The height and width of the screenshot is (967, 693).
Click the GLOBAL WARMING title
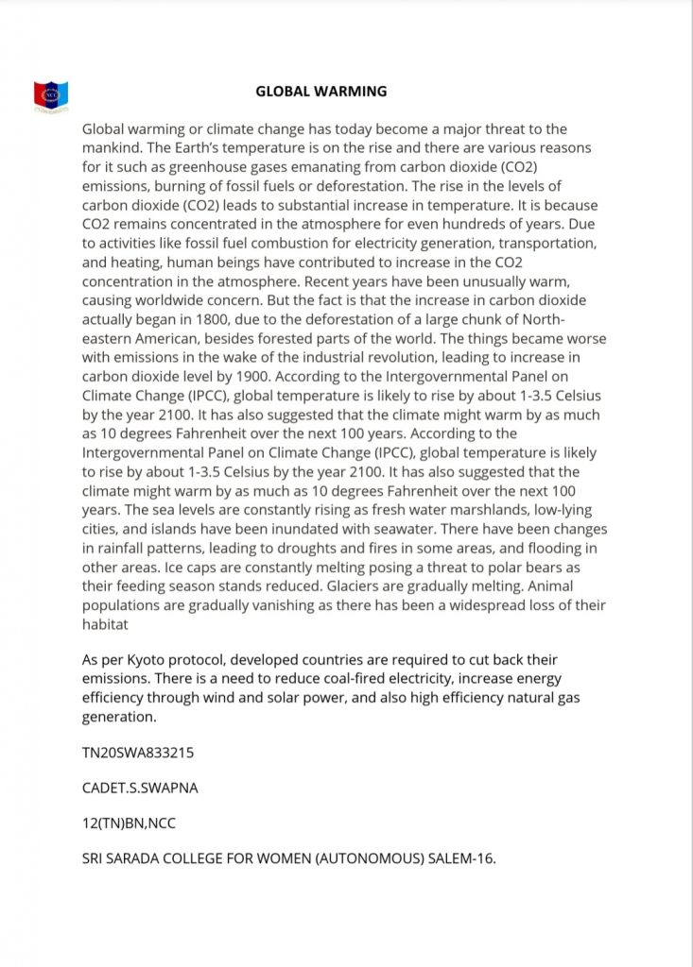(321, 92)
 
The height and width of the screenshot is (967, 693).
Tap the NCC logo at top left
(51, 95)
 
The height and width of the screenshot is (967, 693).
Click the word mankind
(113, 147)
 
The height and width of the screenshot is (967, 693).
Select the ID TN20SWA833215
(140, 753)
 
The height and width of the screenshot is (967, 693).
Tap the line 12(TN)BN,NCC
(129, 823)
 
